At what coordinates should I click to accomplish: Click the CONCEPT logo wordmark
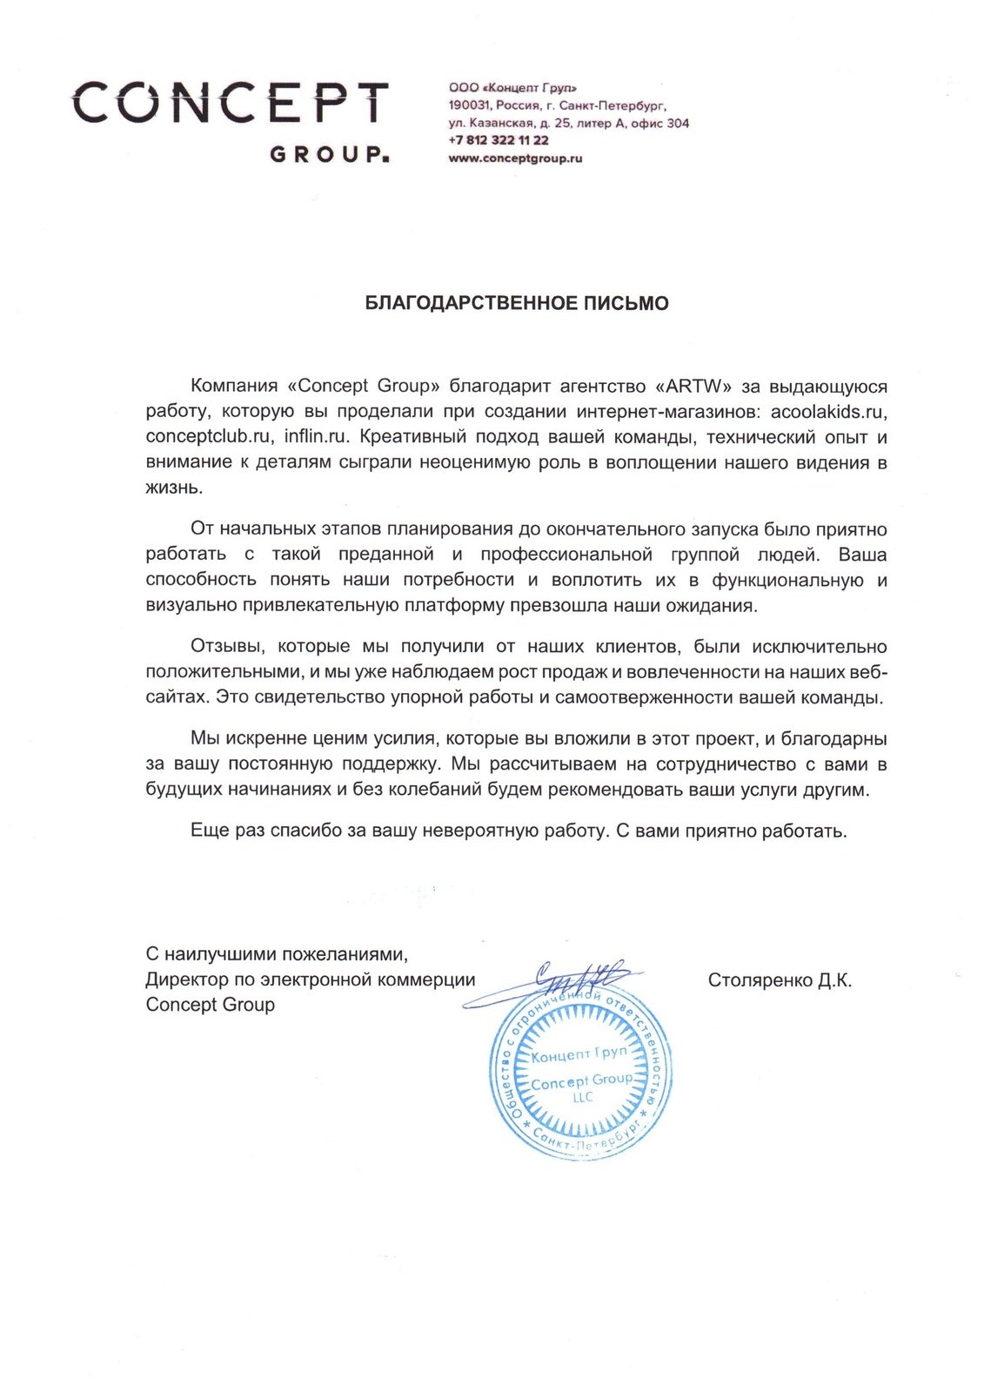231,103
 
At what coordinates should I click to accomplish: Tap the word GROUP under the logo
329,155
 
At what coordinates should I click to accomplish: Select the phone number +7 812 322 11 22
499,140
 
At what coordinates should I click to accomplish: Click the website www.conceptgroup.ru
515,158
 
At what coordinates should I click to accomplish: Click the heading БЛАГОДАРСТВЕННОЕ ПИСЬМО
517,303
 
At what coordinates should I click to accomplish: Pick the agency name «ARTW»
696,386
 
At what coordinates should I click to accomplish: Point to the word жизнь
174,488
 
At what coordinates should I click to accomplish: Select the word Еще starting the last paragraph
209,831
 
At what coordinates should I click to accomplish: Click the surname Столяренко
760,980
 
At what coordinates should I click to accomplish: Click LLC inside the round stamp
583,1098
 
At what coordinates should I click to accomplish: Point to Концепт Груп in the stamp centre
579,1054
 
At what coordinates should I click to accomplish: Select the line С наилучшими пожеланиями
277,954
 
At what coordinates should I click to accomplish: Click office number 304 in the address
678,124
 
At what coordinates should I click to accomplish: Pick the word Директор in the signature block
186,979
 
